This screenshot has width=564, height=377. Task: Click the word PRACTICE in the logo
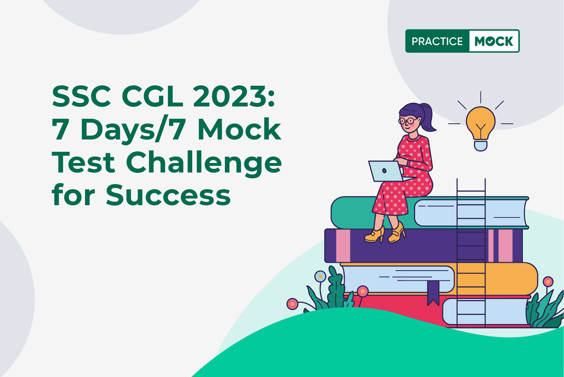click(x=437, y=41)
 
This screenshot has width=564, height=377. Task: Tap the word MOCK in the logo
click(x=494, y=41)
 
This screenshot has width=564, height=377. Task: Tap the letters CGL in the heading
click(x=152, y=96)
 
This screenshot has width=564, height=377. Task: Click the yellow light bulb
click(x=481, y=129)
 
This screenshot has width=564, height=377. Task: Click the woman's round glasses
click(x=408, y=121)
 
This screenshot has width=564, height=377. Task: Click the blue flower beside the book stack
click(x=320, y=276)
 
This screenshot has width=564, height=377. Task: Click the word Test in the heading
click(x=83, y=163)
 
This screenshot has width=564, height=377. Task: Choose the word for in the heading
click(x=73, y=195)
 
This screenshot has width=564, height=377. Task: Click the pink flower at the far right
click(x=548, y=282)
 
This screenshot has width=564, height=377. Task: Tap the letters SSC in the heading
click(x=81, y=96)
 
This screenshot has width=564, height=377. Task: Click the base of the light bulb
click(x=481, y=145)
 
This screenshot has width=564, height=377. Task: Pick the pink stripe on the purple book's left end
click(x=343, y=246)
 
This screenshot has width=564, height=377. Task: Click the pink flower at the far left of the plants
click(x=292, y=304)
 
